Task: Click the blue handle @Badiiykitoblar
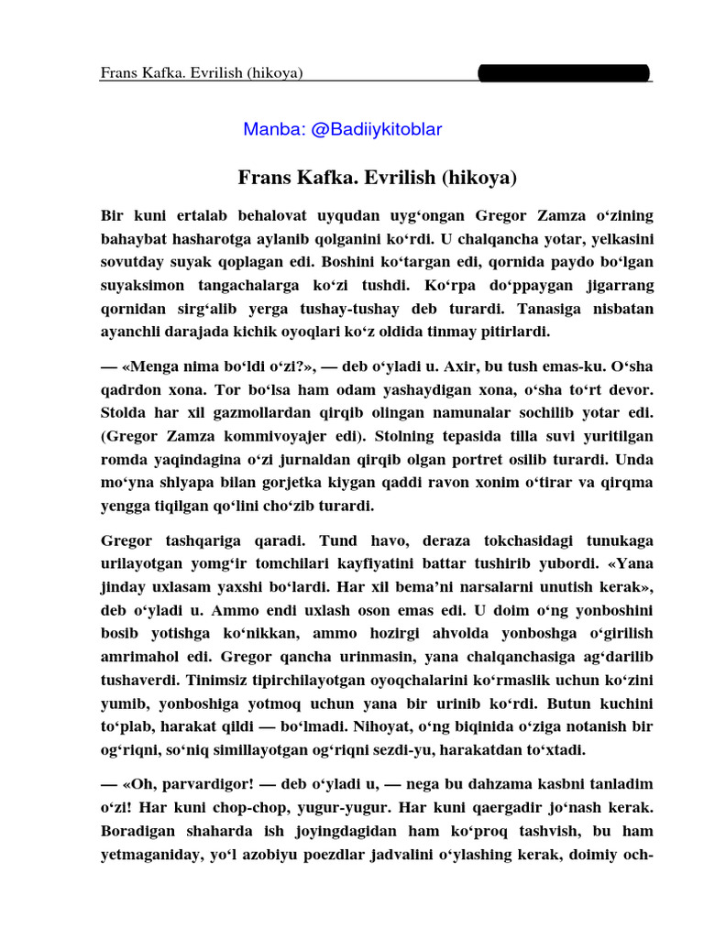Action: pyautogui.click(x=377, y=129)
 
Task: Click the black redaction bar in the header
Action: pyautogui.click(x=564, y=72)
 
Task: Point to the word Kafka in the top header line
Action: pyautogui.click(x=163, y=73)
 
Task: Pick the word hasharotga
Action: pyautogui.click(x=207, y=240)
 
